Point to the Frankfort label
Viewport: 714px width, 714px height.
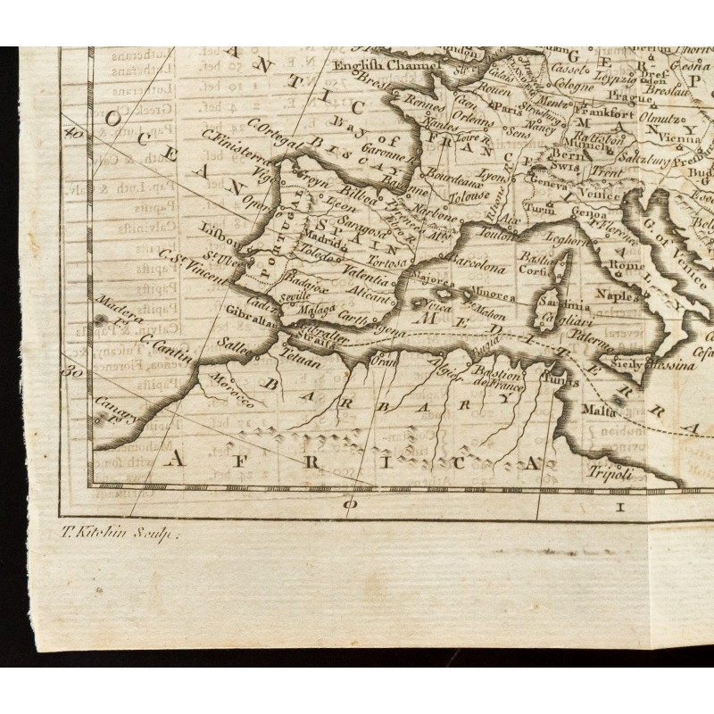(609, 113)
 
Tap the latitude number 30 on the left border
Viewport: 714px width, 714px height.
(74, 373)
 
